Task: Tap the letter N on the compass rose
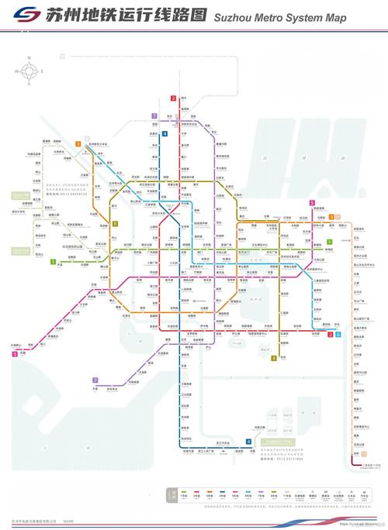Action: tap(29, 58)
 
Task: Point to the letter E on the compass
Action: tap(42, 71)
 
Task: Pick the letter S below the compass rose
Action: tap(29, 84)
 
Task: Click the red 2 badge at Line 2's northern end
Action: tap(173, 98)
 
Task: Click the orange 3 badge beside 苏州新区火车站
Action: tap(78, 144)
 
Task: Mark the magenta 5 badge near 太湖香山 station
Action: tap(14, 354)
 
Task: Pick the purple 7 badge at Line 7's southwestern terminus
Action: tap(95, 380)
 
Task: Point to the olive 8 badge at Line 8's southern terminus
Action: tap(273, 358)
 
